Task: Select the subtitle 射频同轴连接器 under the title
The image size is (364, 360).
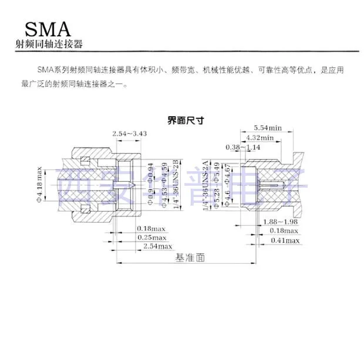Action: click(49, 46)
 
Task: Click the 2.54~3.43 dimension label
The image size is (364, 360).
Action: click(129, 134)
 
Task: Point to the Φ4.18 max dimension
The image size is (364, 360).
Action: click(41, 186)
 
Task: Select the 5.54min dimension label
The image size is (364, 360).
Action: click(268, 128)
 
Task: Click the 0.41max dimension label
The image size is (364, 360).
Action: click(285, 240)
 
